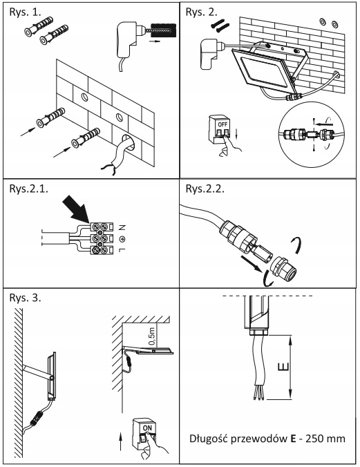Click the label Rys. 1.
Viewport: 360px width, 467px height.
[x=25, y=12]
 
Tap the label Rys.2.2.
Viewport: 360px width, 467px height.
[x=205, y=189]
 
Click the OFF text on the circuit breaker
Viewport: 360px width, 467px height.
[x=222, y=124]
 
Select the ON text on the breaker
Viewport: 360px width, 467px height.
[x=147, y=428]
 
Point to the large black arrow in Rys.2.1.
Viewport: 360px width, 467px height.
[x=76, y=209]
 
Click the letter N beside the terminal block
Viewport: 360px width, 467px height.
[x=122, y=228]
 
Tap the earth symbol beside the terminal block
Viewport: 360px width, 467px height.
[x=122, y=238]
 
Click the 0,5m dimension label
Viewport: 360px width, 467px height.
[x=152, y=336]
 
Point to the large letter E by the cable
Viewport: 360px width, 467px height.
[x=283, y=367]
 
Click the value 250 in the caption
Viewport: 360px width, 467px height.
[x=315, y=439]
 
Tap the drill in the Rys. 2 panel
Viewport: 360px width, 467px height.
[x=212, y=53]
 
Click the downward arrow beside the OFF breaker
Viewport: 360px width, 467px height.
[x=236, y=133]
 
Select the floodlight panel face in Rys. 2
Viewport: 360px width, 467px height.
[x=263, y=71]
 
